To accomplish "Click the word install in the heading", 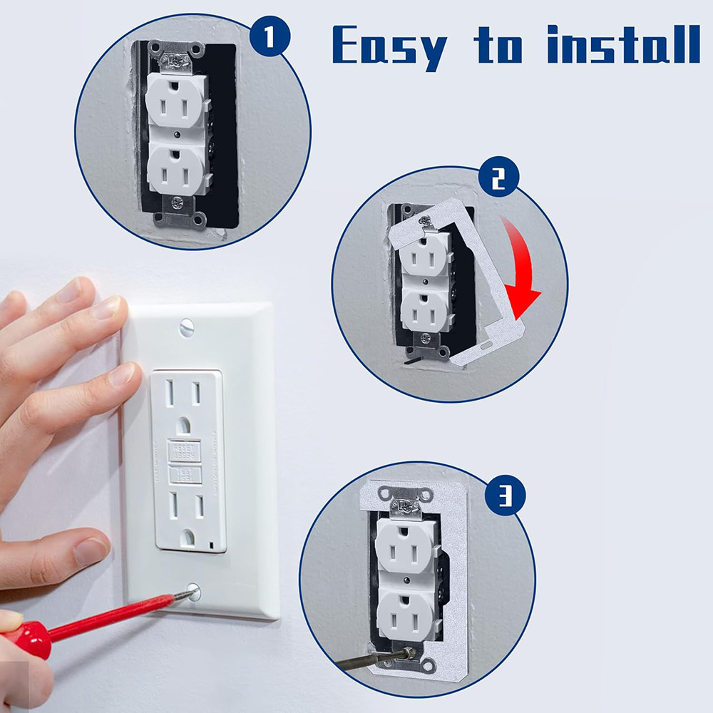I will (623, 44).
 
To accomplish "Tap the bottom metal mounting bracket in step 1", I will (179, 212).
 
